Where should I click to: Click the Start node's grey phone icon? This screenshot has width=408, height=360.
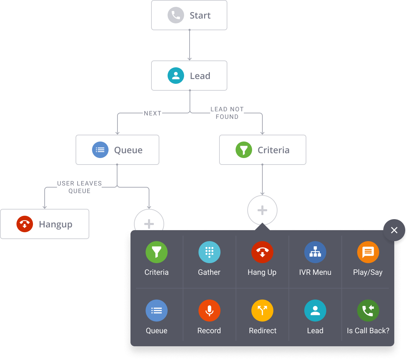tap(175, 15)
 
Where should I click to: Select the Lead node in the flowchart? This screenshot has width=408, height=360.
tap(189, 76)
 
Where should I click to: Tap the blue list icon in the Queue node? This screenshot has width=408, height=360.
tap(100, 150)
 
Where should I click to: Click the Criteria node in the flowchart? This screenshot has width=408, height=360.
tap(262, 150)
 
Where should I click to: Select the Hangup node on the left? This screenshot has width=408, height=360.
tap(45, 224)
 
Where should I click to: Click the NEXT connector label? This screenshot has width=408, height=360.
tap(152, 113)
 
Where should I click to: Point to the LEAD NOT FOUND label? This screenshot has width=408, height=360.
tap(227, 113)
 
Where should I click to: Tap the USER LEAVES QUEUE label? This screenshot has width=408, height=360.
tap(79, 187)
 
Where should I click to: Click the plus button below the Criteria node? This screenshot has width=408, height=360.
tap(262, 210)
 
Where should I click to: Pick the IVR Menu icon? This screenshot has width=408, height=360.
tap(315, 252)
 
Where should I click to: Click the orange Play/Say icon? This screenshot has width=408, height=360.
tap(368, 252)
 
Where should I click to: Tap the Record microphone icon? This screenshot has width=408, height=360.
tap(209, 311)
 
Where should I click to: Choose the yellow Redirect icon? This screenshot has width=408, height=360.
tap(262, 311)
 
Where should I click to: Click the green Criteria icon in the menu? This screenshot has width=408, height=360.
tap(156, 252)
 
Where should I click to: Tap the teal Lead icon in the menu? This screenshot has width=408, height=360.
tap(315, 311)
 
